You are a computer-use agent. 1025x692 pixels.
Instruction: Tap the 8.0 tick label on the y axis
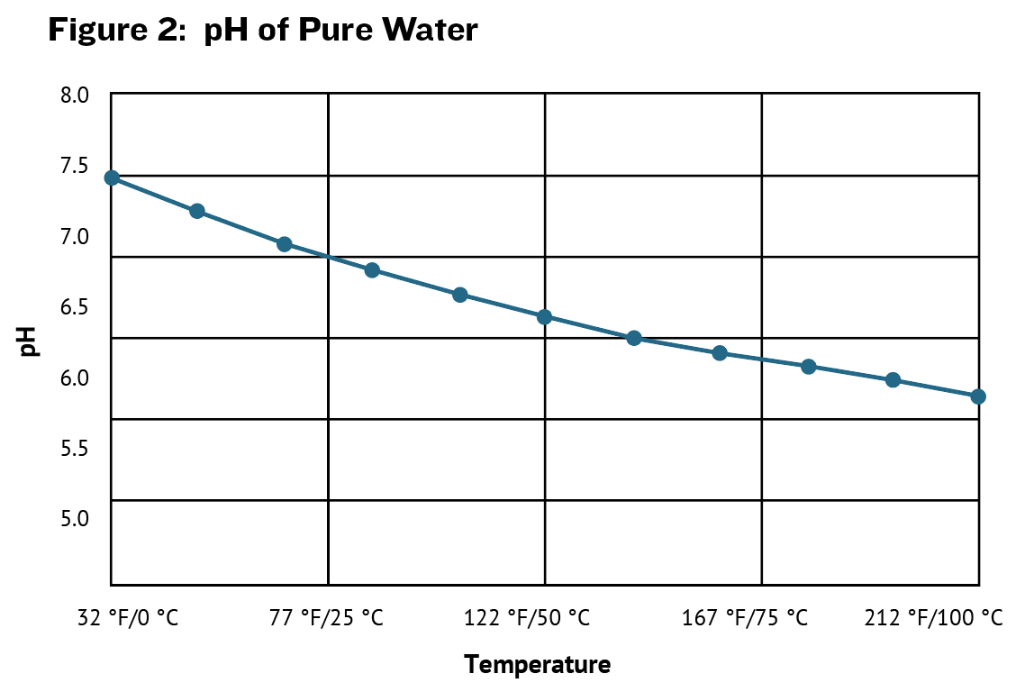point(76,95)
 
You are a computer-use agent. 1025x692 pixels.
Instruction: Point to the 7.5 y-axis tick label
point(76,165)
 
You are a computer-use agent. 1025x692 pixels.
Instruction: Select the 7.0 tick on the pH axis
point(76,236)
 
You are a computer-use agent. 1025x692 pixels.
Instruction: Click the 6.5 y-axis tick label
point(76,306)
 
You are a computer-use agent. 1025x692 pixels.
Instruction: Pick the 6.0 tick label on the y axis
point(76,377)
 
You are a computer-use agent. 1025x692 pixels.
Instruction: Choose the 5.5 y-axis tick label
point(76,448)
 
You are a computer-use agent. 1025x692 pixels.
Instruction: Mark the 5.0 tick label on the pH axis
point(76,518)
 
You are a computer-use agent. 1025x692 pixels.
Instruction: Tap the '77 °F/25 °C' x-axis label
point(327,618)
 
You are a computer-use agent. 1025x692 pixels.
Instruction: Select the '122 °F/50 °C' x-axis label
point(527,618)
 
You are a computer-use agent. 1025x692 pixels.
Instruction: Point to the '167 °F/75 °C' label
point(745,618)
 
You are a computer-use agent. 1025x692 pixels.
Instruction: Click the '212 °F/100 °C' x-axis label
point(933,618)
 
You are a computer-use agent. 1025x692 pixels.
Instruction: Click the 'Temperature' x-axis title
point(537,666)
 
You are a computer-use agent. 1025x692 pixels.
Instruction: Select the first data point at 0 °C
point(112,178)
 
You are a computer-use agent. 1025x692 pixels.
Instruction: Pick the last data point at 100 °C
point(978,396)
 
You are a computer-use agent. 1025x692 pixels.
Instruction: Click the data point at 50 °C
point(544,316)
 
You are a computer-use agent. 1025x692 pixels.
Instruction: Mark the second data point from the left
point(197,211)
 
